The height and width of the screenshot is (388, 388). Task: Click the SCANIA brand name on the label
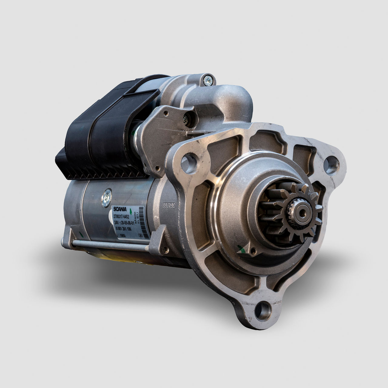click(x=121, y=209)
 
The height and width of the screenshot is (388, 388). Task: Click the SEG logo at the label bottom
click(x=122, y=235)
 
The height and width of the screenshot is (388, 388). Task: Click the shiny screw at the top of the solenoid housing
click(x=208, y=80)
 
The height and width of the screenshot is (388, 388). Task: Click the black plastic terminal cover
click(x=106, y=133)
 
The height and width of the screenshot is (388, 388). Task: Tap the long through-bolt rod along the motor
click(x=109, y=245)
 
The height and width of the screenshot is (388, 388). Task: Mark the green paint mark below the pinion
click(x=242, y=249)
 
